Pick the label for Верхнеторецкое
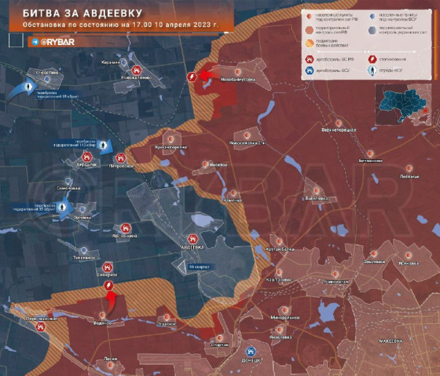point(339,130)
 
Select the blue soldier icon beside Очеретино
point(29,87)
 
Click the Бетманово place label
point(371,160)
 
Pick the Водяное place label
point(103,322)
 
